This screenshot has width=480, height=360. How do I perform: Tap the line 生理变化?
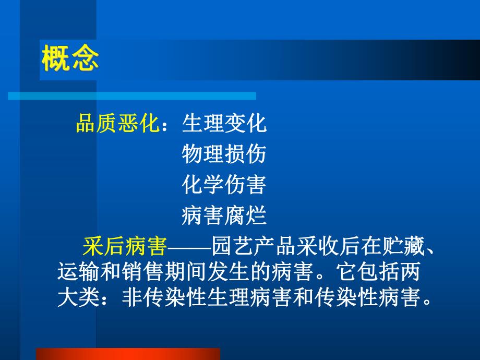click(x=224, y=124)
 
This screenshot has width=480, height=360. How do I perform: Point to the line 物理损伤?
click(x=224, y=154)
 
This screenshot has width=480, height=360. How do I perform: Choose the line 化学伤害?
click(x=224, y=185)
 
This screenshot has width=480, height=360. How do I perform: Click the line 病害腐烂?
click(x=224, y=215)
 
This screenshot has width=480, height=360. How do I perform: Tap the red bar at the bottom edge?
click(x=128, y=354)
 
